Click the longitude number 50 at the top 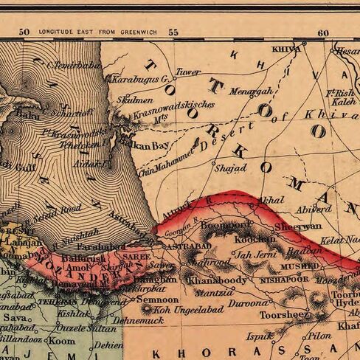click(24, 32)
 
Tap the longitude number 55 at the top click(173, 32)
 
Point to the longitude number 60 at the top click(323, 32)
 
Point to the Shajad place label click(229, 168)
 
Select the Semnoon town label click(158, 300)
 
